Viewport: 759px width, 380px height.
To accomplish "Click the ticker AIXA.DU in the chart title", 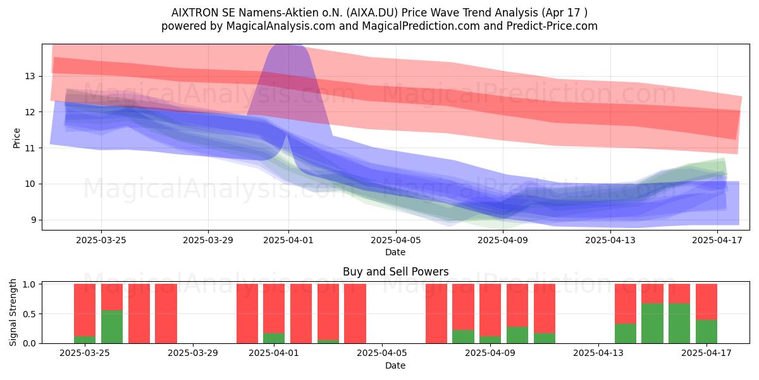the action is [373, 13].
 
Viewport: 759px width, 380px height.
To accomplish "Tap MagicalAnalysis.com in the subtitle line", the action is [281, 26].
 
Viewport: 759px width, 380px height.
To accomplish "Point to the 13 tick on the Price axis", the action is [30, 76].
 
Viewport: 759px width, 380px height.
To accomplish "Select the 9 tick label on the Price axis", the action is [33, 220].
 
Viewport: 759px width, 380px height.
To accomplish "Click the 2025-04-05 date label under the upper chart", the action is [395, 240].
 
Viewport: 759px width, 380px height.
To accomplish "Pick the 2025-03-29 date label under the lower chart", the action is [193, 353].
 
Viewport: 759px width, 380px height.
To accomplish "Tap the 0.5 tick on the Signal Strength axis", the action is [29, 314].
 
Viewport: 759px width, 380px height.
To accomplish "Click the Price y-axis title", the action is [16, 138].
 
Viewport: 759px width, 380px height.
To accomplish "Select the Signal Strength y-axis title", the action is [13, 312].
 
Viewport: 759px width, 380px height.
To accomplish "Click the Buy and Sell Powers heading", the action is [395, 272].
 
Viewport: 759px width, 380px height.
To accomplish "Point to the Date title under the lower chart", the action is [395, 365].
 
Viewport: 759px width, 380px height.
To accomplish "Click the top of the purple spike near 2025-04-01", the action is [287, 46].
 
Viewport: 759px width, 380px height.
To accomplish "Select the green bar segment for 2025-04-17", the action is [707, 331].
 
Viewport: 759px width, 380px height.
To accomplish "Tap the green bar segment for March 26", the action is [112, 327].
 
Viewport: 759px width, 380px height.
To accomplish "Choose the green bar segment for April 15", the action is [652, 324].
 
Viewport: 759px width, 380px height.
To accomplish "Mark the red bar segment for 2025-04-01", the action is [274, 308].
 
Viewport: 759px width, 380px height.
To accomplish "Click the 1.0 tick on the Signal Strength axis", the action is [29, 284].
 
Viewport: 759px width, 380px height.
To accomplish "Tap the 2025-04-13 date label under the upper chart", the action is [610, 240].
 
